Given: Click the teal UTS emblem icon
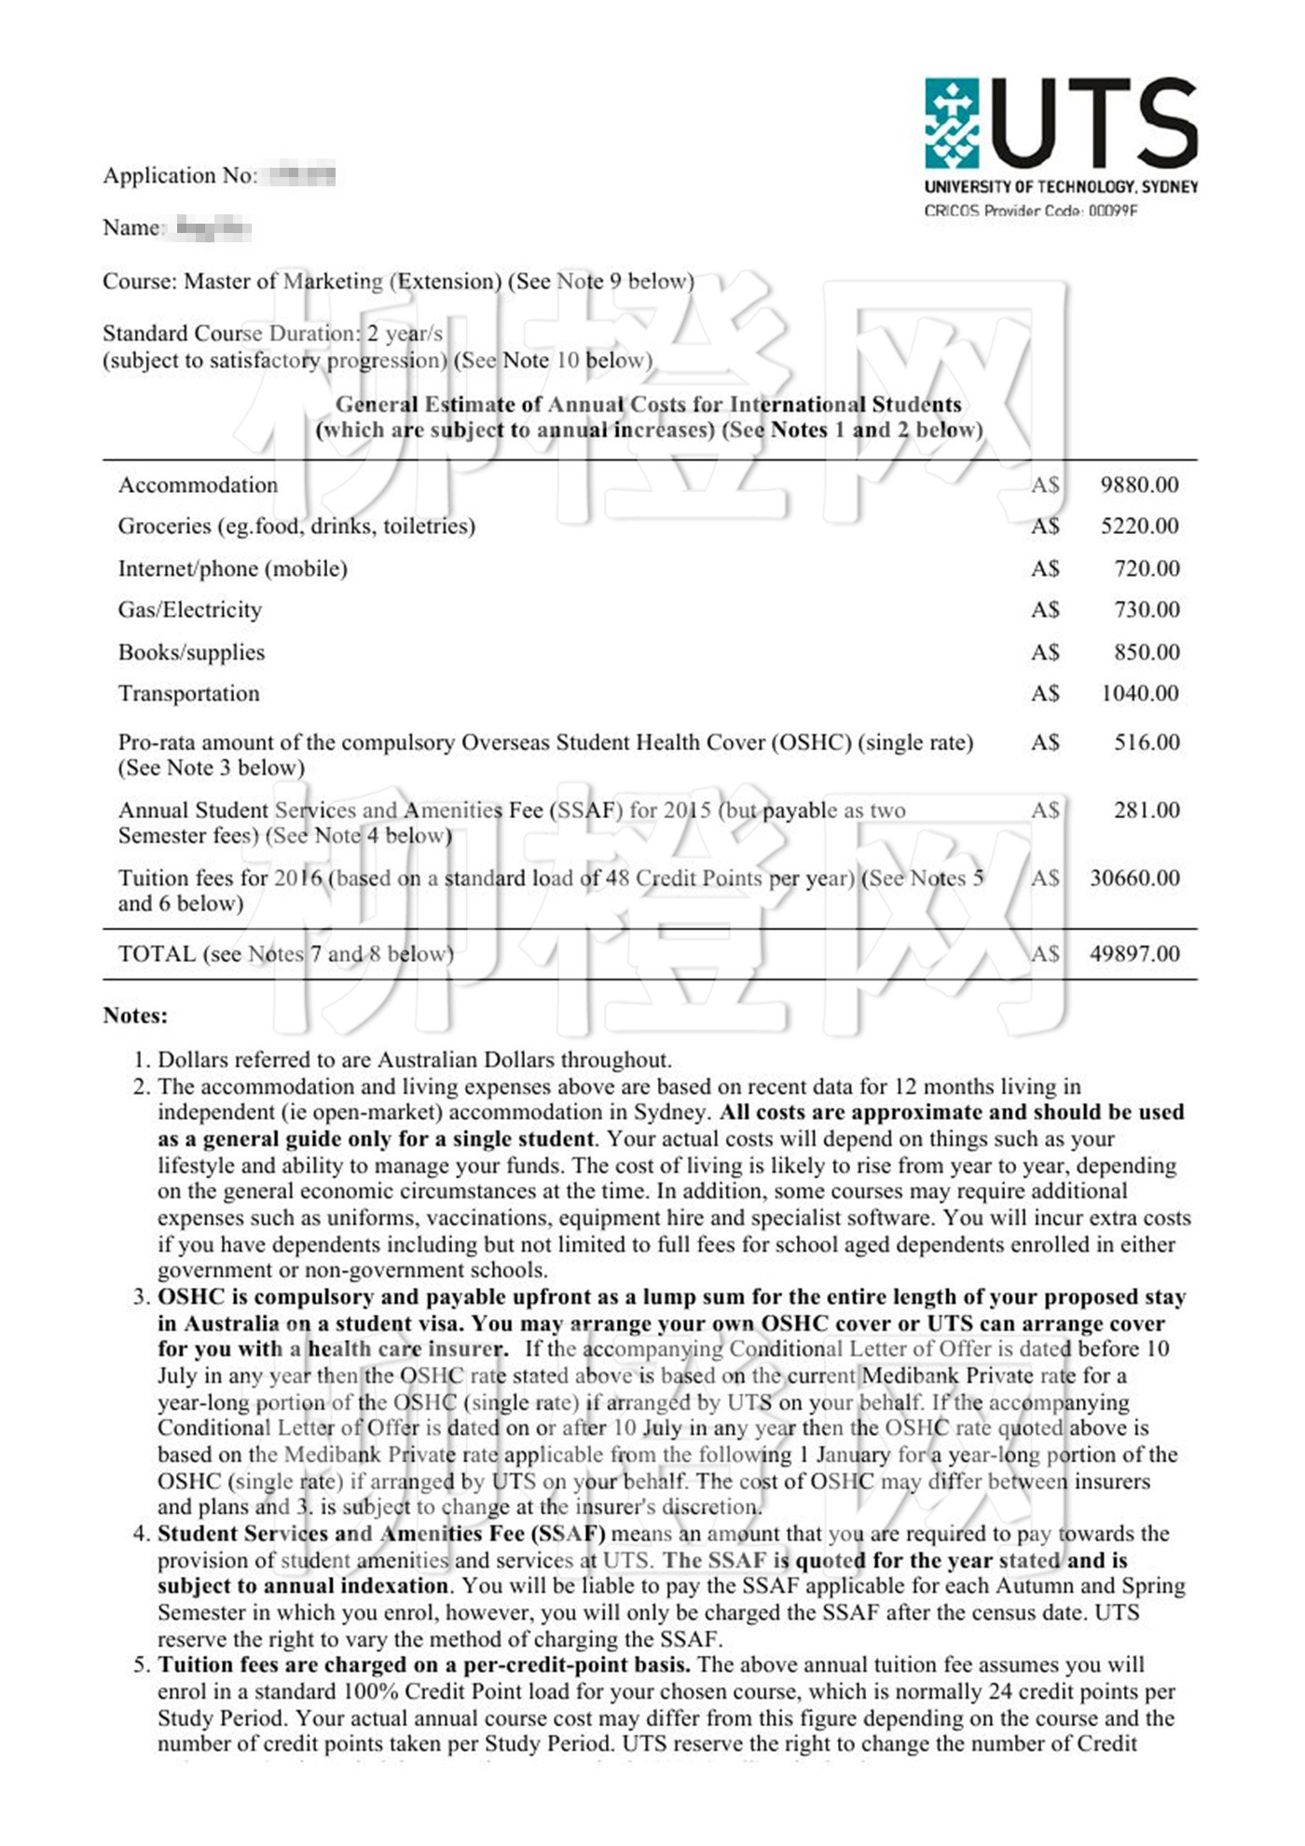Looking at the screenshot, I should coord(952,123).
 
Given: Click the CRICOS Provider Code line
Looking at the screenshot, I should coord(1030,212).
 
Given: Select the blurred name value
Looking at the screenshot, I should coord(213,227).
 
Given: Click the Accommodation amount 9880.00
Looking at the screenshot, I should coord(1139,485).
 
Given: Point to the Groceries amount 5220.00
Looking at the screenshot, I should coord(1139,526).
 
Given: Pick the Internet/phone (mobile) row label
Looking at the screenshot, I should coord(232,568).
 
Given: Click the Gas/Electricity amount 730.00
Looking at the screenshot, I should coord(1147,610).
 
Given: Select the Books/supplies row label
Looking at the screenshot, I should coord(191,652).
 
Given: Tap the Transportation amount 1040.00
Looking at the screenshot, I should coord(1139,693).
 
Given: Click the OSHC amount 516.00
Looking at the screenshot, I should coord(1147,743).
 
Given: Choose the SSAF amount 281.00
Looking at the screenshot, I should coord(1147,810).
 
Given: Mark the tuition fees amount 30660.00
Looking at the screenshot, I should coord(1134,878).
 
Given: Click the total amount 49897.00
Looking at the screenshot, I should coord(1134,953).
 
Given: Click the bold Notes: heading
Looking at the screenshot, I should coord(135,1016).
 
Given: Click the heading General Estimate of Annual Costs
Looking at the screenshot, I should coord(648,404).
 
